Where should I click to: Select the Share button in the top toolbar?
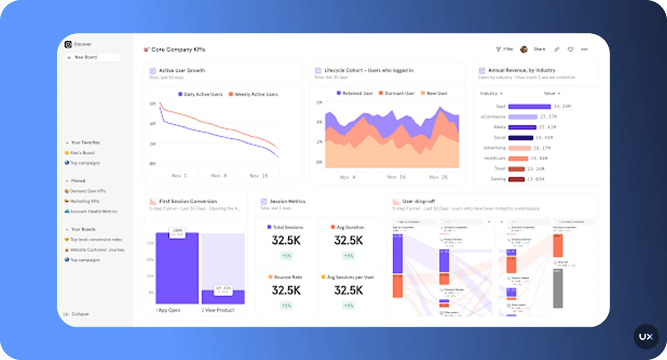pyautogui.click(x=539, y=49)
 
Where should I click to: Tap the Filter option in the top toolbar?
pyautogui.click(x=505, y=49)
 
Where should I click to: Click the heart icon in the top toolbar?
pyautogui.click(x=570, y=50)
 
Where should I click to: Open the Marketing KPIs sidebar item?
pyautogui.click(x=84, y=202)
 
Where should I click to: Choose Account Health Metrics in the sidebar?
pyautogui.click(x=93, y=212)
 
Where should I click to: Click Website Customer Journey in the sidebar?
pyautogui.click(x=97, y=250)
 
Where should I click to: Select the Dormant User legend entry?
pyautogui.click(x=397, y=94)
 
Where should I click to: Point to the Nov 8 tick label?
pyautogui.click(x=219, y=176)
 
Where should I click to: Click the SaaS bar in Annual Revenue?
pyautogui.click(x=529, y=107)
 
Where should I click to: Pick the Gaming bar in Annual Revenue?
pyautogui.click(x=516, y=179)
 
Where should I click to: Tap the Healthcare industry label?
pyautogui.click(x=495, y=158)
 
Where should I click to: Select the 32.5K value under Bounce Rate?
pyautogui.click(x=286, y=291)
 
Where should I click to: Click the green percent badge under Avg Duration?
pyautogui.click(x=348, y=256)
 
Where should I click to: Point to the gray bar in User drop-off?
pyautogui.click(x=558, y=288)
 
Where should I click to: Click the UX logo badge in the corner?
pyautogui.click(x=646, y=337)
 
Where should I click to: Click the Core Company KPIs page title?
pyautogui.click(x=178, y=50)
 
